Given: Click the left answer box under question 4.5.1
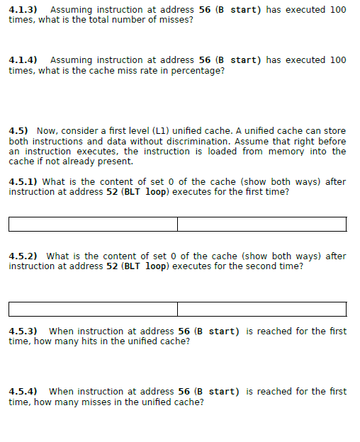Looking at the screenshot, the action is (93, 224).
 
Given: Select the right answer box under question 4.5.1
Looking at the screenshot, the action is (261, 224).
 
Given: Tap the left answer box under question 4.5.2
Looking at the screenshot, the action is (93, 309).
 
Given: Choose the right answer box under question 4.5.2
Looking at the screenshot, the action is (261, 309).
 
